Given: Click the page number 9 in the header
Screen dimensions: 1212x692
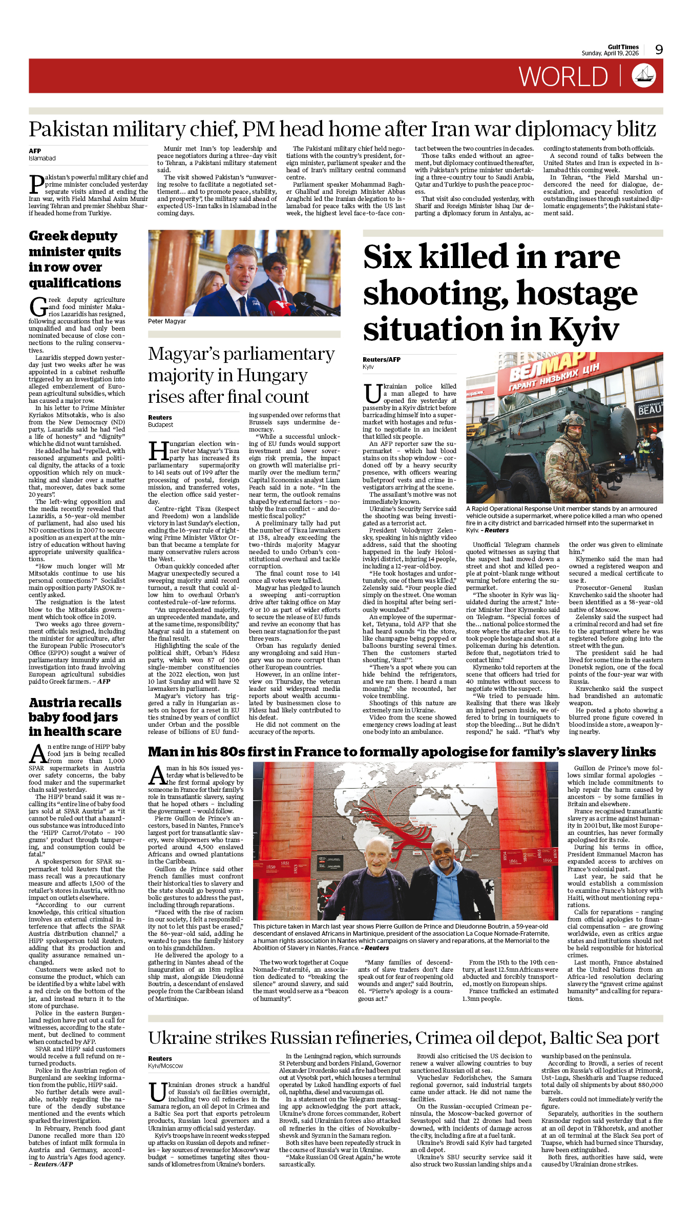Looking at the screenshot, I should click(x=659, y=49).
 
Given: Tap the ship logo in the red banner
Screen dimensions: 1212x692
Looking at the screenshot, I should click(x=644, y=76).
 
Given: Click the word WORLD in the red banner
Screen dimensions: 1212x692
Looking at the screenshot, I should click(x=563, y=77).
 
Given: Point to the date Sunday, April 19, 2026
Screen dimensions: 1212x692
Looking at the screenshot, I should click(x=610, y=53).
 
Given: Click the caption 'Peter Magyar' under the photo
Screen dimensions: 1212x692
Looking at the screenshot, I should click(x=167, y=321).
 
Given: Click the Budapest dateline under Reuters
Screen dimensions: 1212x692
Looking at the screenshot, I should click(x=160, y=425).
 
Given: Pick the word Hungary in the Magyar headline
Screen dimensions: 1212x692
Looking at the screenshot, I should click(x=280, y=376).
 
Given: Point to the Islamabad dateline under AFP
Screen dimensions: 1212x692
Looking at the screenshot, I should click(x=42, y=158).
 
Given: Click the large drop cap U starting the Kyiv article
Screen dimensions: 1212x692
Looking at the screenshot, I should click(x=372, y=394).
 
